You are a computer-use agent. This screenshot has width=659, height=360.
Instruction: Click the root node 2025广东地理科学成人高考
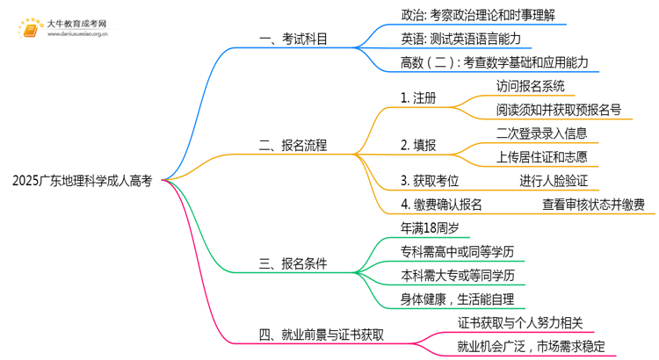[83, 181]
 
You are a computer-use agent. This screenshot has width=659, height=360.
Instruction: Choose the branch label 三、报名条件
[289, 263]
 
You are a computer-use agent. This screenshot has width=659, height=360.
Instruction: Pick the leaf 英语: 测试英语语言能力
[465, 40]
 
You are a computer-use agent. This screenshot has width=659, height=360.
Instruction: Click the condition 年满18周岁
[429, 228]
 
